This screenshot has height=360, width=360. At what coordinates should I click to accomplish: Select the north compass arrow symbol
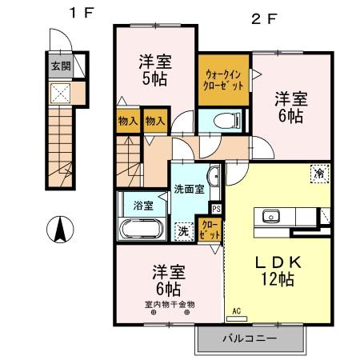pyautogui.click(x=58, y=230)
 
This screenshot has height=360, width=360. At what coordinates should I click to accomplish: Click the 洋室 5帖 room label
pyautogui.click(x=154, y=70)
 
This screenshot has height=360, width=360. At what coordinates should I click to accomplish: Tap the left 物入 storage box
pyautogui.click(x=127, y=120)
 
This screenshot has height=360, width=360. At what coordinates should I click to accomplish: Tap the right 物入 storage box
pyautogui.click(x=155, y=120)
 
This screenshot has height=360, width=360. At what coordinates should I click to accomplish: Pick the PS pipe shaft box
pyautogui.click(x=216, y=210)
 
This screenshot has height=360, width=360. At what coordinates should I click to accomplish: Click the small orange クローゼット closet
pyautogui.click(x=210, y=230)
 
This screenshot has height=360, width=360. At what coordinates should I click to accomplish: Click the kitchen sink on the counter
pyautogui.click(x=270, y=216)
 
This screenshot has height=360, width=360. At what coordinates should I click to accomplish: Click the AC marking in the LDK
pyautogui.click(x=236, y=310)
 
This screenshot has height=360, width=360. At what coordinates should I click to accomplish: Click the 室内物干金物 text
pyautogui.click(x=170, y=304)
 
